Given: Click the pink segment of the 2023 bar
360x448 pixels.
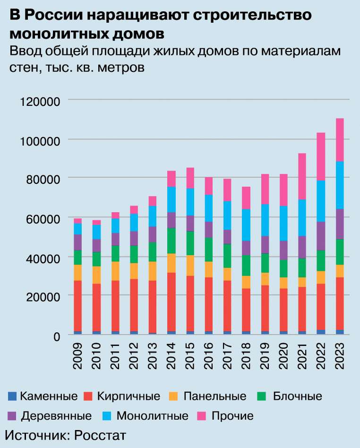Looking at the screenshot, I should tap(339, 140).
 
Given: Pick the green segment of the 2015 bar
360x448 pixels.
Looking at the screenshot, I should tap(189, 243).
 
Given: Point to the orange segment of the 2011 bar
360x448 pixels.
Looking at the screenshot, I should tap(115, 271).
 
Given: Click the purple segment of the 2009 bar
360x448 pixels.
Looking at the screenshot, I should tap(78, 242).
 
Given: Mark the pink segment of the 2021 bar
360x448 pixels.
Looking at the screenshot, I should tap(302, 176).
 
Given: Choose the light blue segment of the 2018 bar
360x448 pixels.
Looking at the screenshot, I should tap(246, 225).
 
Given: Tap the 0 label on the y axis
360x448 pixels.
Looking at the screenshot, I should tap(57, 336).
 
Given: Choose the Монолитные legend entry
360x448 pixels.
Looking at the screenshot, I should tap(152, 416).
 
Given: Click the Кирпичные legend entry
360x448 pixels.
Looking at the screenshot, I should tap(129, 396).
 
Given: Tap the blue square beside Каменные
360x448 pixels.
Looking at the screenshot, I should tap(13, 396).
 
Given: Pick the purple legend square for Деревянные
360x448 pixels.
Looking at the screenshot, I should tap(13, 416).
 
